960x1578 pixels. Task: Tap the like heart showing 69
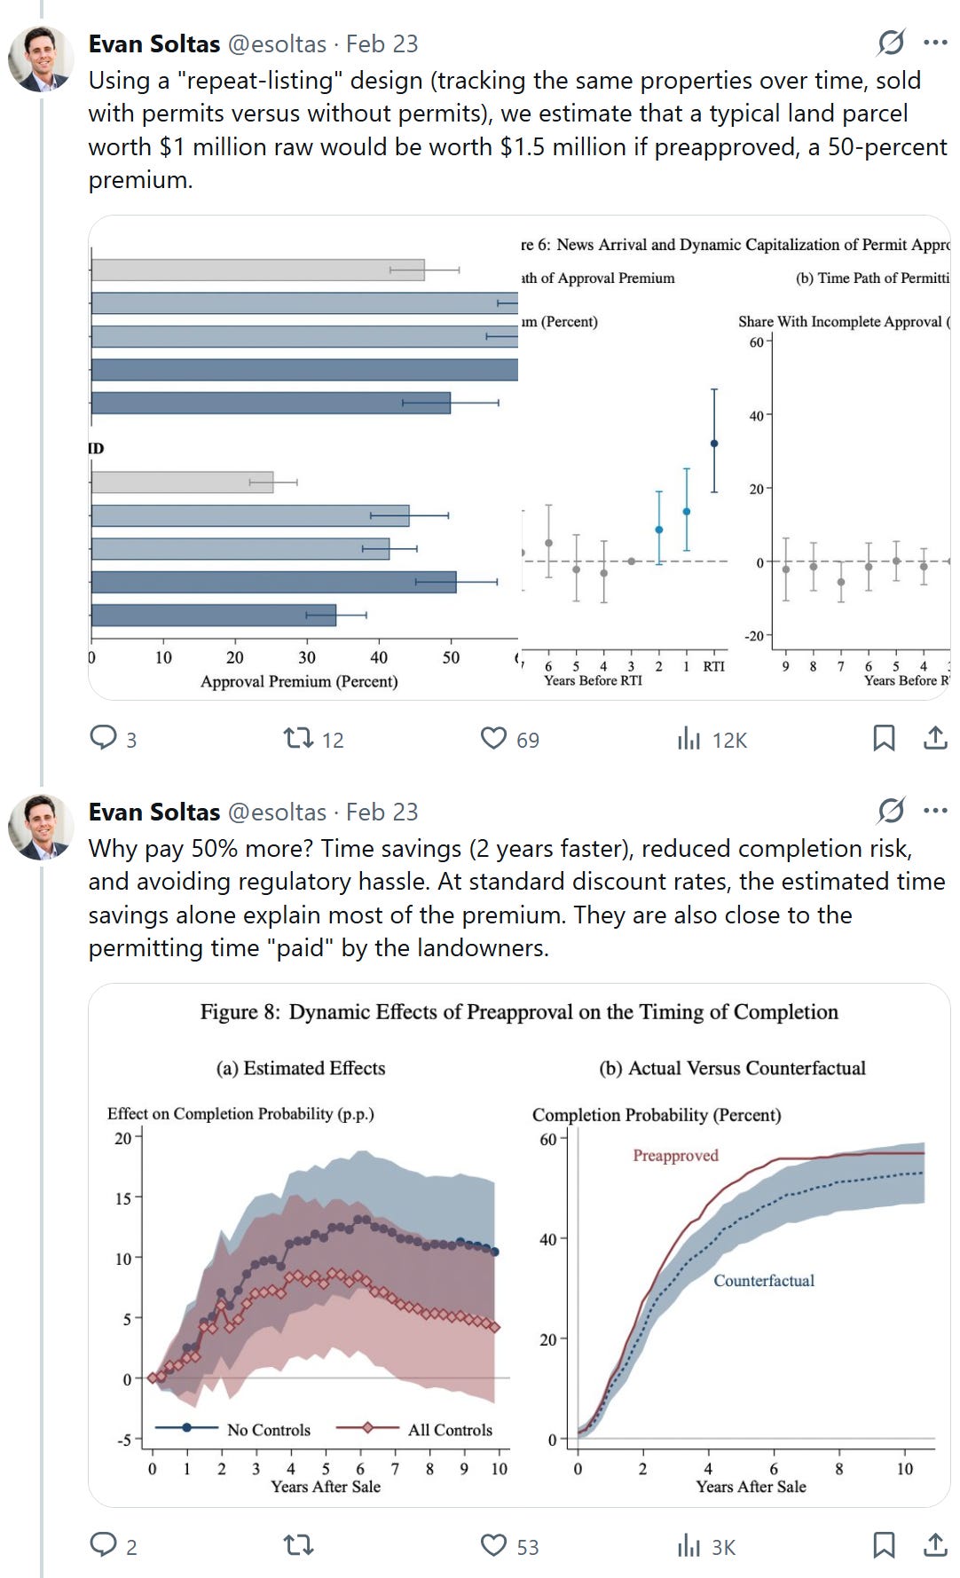pos(494,738)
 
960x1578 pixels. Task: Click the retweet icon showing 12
pos(298,738)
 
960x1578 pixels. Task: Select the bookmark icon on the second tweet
pos(884,1545)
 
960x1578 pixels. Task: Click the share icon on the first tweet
pos(935,738)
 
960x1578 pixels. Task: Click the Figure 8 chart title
pos(519,1012)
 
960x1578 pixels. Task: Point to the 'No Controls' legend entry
pos(268,1429)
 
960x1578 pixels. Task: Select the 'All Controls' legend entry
pos(449,1429)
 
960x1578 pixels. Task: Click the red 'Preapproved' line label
pos(675,1155)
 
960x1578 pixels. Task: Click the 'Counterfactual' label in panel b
pos(764,1280)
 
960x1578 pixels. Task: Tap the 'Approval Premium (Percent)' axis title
pos(299,681)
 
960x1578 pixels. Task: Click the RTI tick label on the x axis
pos(713,666)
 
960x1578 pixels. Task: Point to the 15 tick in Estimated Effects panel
pos(122,1198)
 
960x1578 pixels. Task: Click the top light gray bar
pos(257,270)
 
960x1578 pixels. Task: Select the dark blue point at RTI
pos(714,444)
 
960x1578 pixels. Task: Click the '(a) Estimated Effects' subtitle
pos(301,1068)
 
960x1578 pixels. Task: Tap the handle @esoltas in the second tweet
pos(278,812)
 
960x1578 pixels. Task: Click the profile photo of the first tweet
pos(41,59)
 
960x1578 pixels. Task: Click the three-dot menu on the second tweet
pos(935,810)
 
